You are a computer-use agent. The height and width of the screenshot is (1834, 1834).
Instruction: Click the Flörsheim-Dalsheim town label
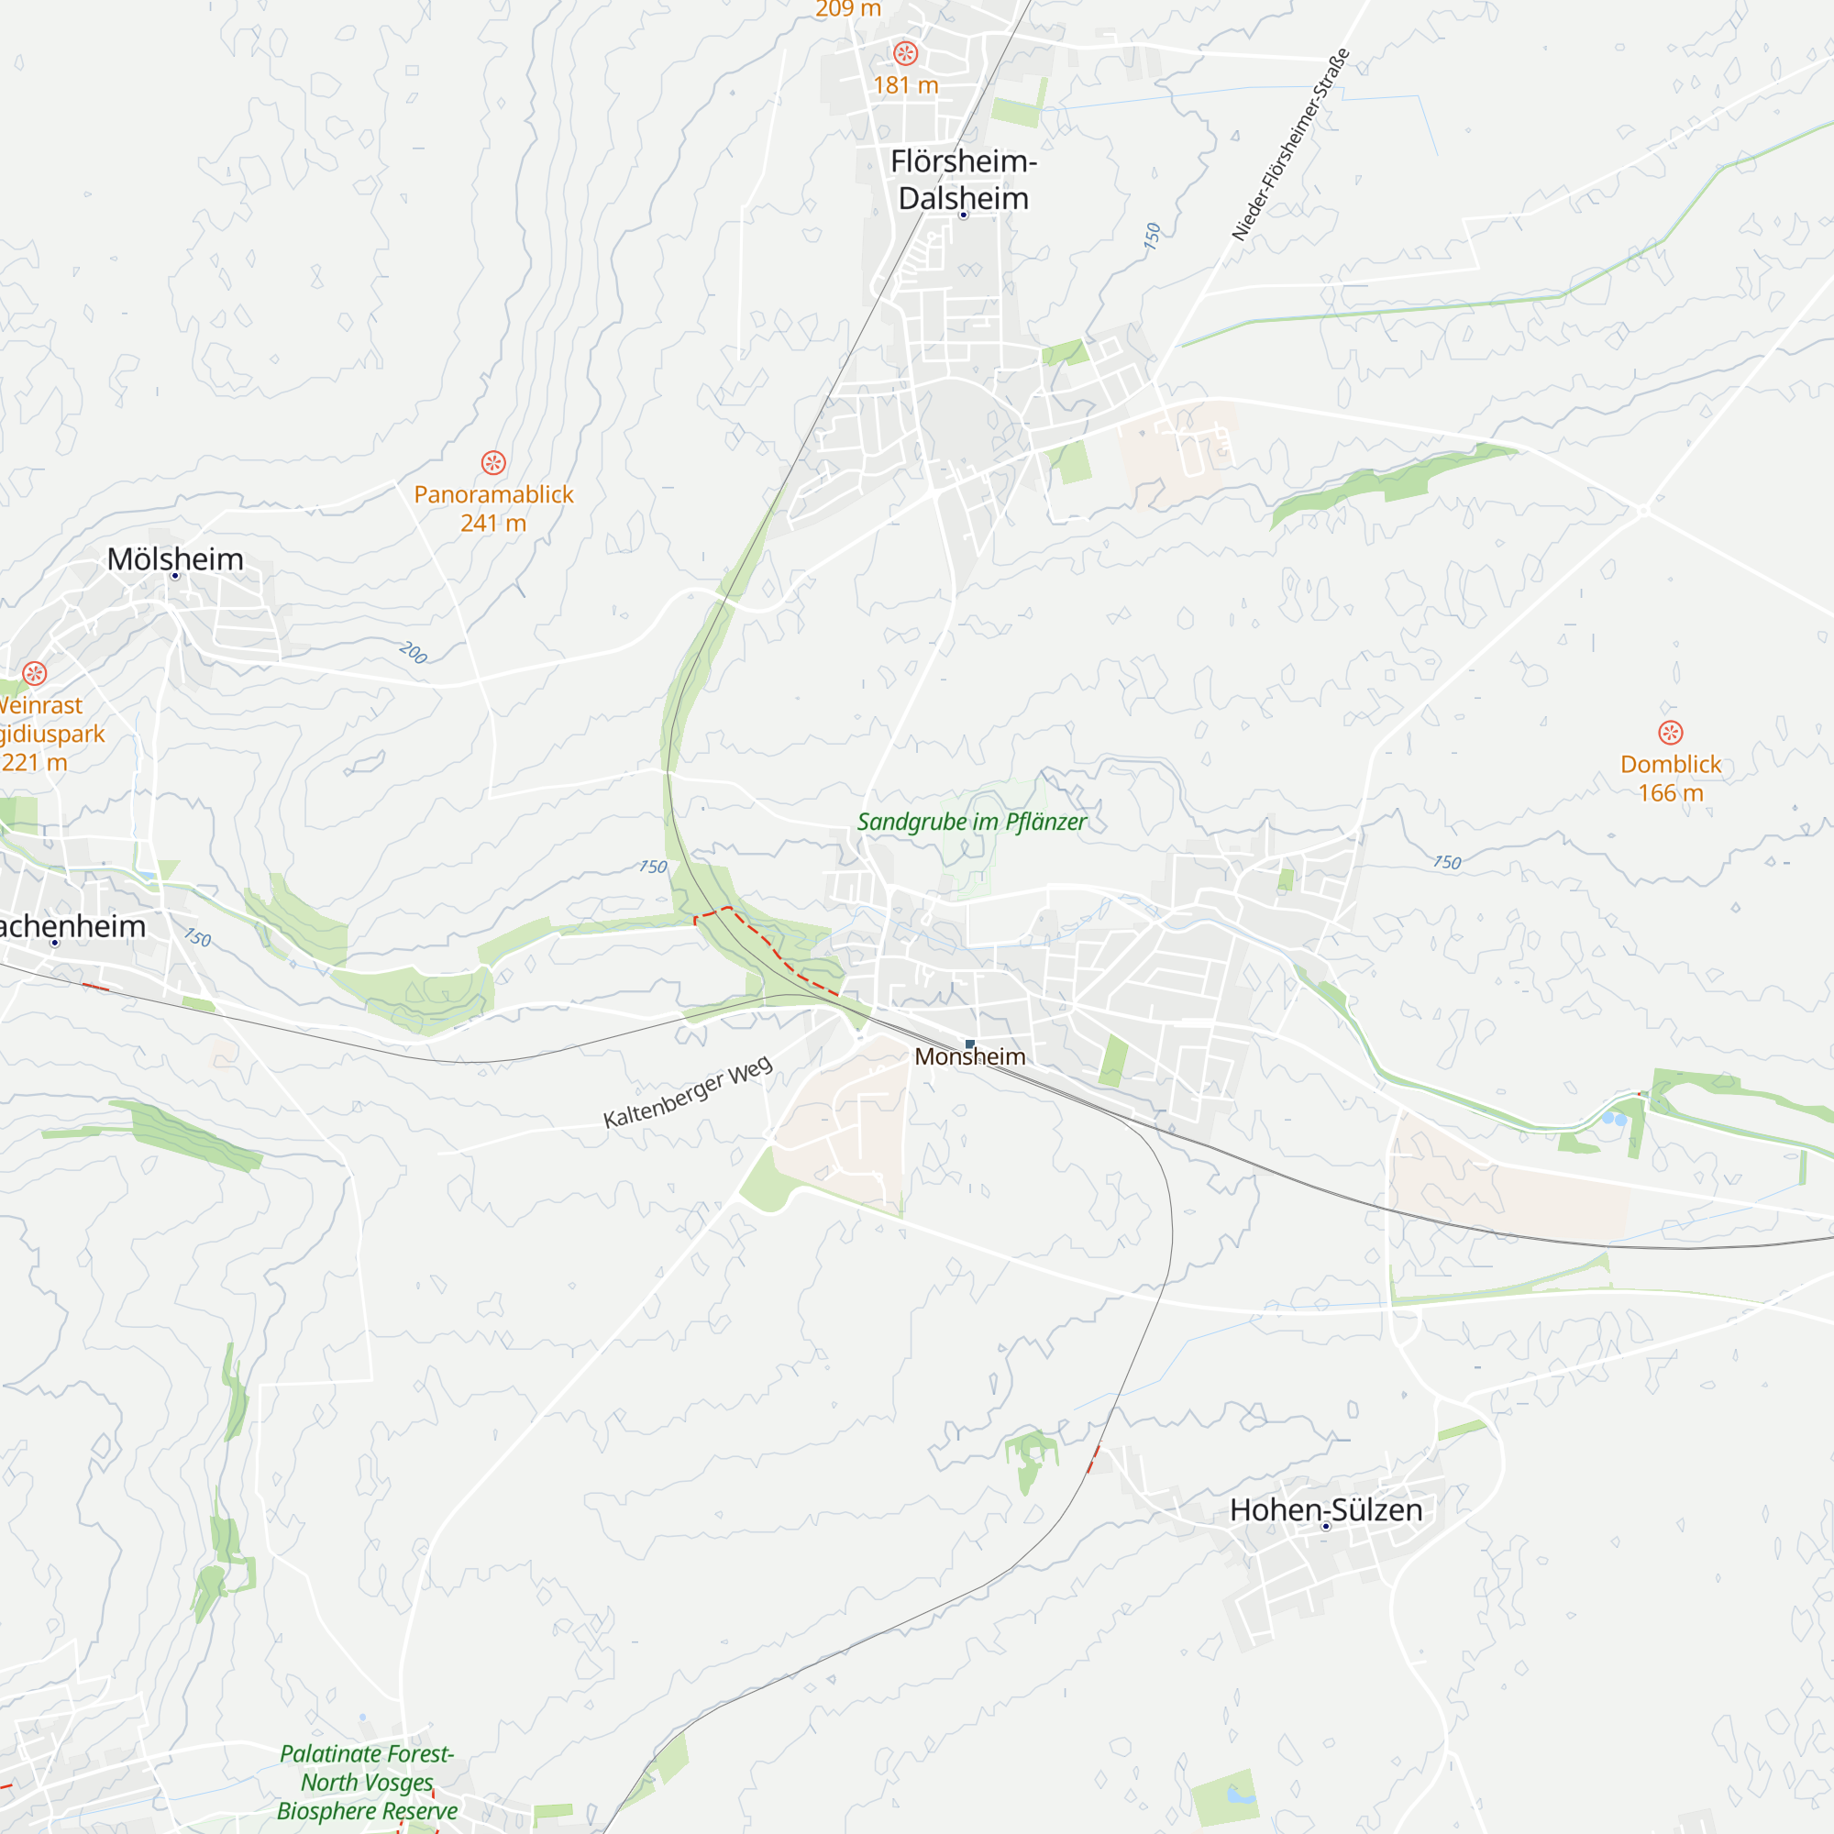(963, 180)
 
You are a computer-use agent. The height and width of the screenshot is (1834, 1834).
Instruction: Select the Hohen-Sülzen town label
(1325, 1509)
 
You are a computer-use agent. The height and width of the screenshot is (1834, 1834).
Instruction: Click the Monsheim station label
(969, 1056)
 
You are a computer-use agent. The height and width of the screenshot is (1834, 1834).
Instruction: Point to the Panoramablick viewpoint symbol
(492, 463)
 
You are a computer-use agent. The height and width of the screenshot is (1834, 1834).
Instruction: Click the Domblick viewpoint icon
(1671, 733)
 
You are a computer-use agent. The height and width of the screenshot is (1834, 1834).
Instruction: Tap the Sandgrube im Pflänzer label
(971, 822)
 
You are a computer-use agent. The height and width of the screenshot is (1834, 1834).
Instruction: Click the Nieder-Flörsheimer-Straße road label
(1290, 144)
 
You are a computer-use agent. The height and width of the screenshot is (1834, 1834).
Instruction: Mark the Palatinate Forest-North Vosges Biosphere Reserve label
(368, 1782)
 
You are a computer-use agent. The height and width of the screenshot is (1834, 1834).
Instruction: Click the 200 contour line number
(413, 652)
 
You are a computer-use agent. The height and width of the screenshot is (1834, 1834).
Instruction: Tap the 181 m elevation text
(905, 85)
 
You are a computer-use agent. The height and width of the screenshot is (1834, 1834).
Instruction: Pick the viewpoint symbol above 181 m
(906, 53)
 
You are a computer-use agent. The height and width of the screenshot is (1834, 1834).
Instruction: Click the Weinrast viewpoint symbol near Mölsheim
(35, 674)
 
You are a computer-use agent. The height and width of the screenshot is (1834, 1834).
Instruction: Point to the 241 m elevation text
(492, 523)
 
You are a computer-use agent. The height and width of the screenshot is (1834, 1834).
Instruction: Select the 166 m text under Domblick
(1670, 792)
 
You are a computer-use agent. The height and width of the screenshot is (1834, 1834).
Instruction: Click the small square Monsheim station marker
(969, 1044)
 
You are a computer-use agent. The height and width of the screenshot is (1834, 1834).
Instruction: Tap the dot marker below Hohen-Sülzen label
(1326, 1527)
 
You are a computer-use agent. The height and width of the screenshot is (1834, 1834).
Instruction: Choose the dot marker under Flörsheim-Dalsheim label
(963, 215)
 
